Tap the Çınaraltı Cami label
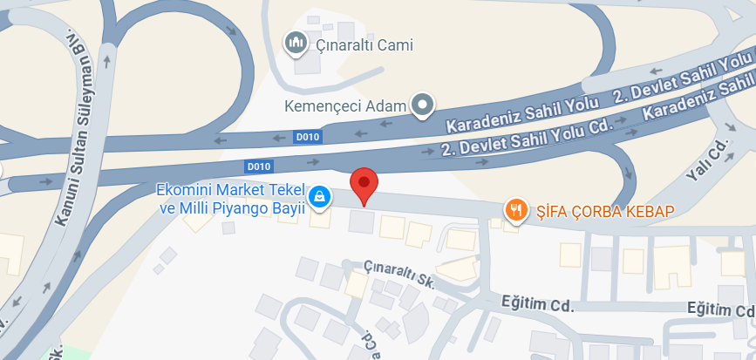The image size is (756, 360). (363, 45)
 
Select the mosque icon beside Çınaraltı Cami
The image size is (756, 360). (296, 42)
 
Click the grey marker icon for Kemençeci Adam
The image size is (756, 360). (423, 106)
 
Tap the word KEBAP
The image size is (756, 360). (653, 210)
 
